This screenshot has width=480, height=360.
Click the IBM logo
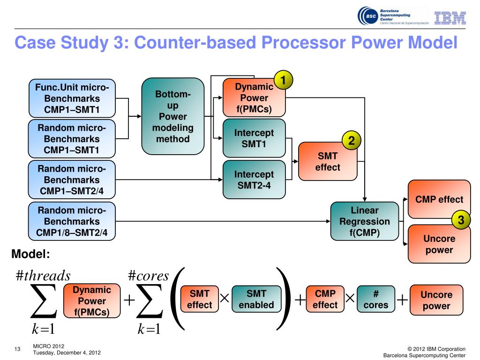click(450, 18)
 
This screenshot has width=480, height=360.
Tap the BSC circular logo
click(368, 16)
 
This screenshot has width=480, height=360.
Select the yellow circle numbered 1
click(283, 80)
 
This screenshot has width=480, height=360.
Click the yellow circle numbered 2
click(352, 140)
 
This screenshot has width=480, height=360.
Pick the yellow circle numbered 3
click(461, 219)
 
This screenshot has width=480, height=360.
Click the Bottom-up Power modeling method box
click(172, 116)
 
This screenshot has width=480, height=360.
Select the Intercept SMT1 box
click(254, 138)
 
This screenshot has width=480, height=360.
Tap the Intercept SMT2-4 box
click(254, 180)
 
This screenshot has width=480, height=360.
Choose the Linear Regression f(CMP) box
click(365, 221)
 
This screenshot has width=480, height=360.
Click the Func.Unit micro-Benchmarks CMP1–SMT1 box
click(72, 98)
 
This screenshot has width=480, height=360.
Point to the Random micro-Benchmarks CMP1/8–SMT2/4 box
click(72, 221)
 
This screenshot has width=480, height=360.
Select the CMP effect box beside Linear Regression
click(439, 199)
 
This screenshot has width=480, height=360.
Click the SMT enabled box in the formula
click(256, 299)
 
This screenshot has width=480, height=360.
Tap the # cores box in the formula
click(376, 299)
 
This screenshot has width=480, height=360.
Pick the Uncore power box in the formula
click(436, 300)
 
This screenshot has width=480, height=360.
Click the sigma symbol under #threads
click(44, 301)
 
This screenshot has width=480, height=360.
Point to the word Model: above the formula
click(30, 254)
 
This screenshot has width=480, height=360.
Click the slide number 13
click(17, 349)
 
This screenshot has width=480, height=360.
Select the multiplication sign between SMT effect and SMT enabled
click(225, 298)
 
